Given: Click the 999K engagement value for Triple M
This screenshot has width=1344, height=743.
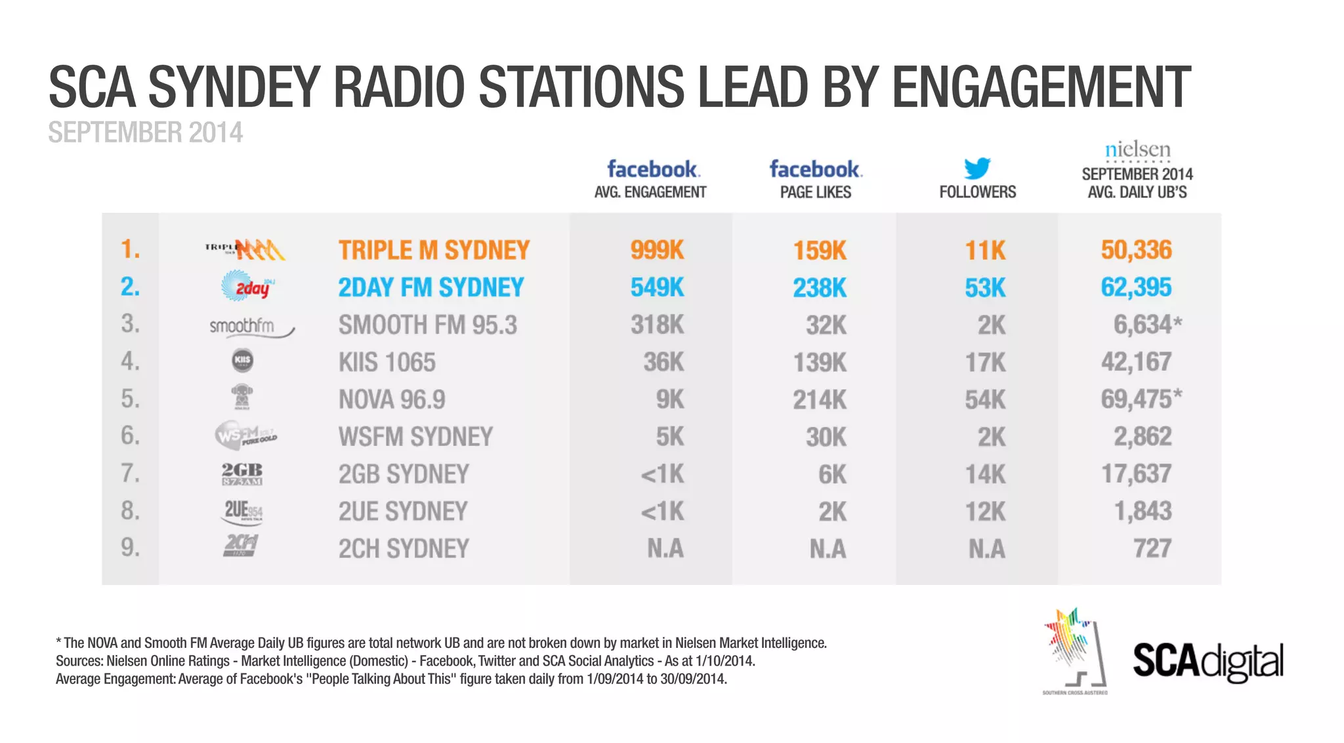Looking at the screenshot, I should [657, 250].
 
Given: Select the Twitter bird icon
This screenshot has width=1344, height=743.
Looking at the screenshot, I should [977, 168].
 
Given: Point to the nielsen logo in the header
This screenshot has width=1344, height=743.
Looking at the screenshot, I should [1137, 150].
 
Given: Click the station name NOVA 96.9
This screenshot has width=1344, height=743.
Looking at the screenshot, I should [392, 399].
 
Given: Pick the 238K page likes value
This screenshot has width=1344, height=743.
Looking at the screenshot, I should [820, 287].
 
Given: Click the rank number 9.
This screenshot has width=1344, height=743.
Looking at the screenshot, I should [130, 547].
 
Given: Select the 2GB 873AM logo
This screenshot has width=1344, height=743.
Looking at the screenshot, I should [242, 473].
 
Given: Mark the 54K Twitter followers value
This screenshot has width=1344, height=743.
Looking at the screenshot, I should [985, 399].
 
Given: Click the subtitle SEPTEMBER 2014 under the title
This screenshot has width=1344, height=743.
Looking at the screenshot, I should [145, 132].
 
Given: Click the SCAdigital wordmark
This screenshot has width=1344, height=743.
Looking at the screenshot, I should [1207, 661].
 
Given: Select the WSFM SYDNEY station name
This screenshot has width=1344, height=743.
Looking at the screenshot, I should [415, 437].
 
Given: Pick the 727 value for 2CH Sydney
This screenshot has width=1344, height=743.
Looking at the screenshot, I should [1152, 548].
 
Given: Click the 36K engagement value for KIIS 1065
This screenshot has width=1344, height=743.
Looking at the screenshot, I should [663, 362].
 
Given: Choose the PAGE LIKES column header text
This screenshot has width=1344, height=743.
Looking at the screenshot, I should [816, 192].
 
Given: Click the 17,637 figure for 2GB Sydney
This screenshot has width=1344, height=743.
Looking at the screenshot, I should [1136, 473].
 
